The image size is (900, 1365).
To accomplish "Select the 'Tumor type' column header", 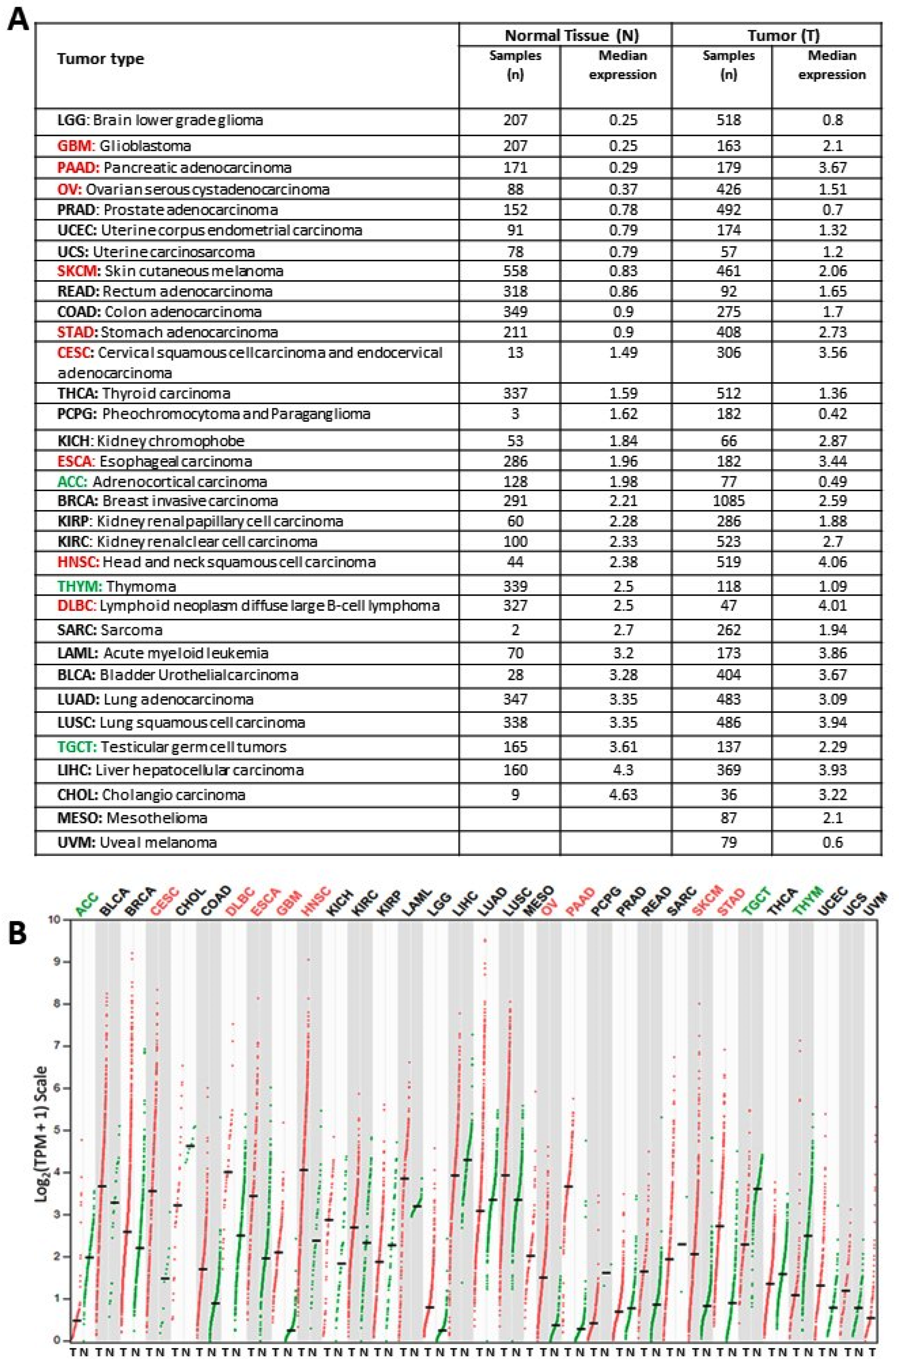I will pos(101,59).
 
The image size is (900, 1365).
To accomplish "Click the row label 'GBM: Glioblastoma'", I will pos(124,146).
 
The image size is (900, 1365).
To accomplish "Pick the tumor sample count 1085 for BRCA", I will pos(728,501).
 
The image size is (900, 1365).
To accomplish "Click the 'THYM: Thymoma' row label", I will pos(116,586).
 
